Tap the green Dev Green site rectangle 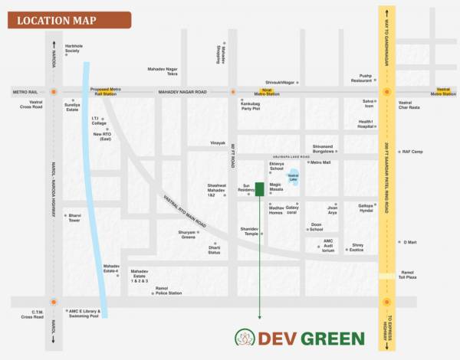[x=260, y=189]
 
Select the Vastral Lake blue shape [x=293, y=181]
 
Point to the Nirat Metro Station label [x=268, y=93]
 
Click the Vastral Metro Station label [x=445, y=93]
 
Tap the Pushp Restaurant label [x=360, y=78]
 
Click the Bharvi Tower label [x=74, y=218]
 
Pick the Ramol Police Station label [x=168, y=290]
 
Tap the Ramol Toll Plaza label [x=407, y=275]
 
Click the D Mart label [x=409, y=242]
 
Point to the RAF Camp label [x=412, y=152]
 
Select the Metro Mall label [x=320, y=162]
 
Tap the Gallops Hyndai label [x=366, y=208]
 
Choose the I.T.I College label [x=100, y=120]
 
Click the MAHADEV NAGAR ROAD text [x=182, y=92]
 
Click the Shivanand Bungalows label [x=327, y=149]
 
